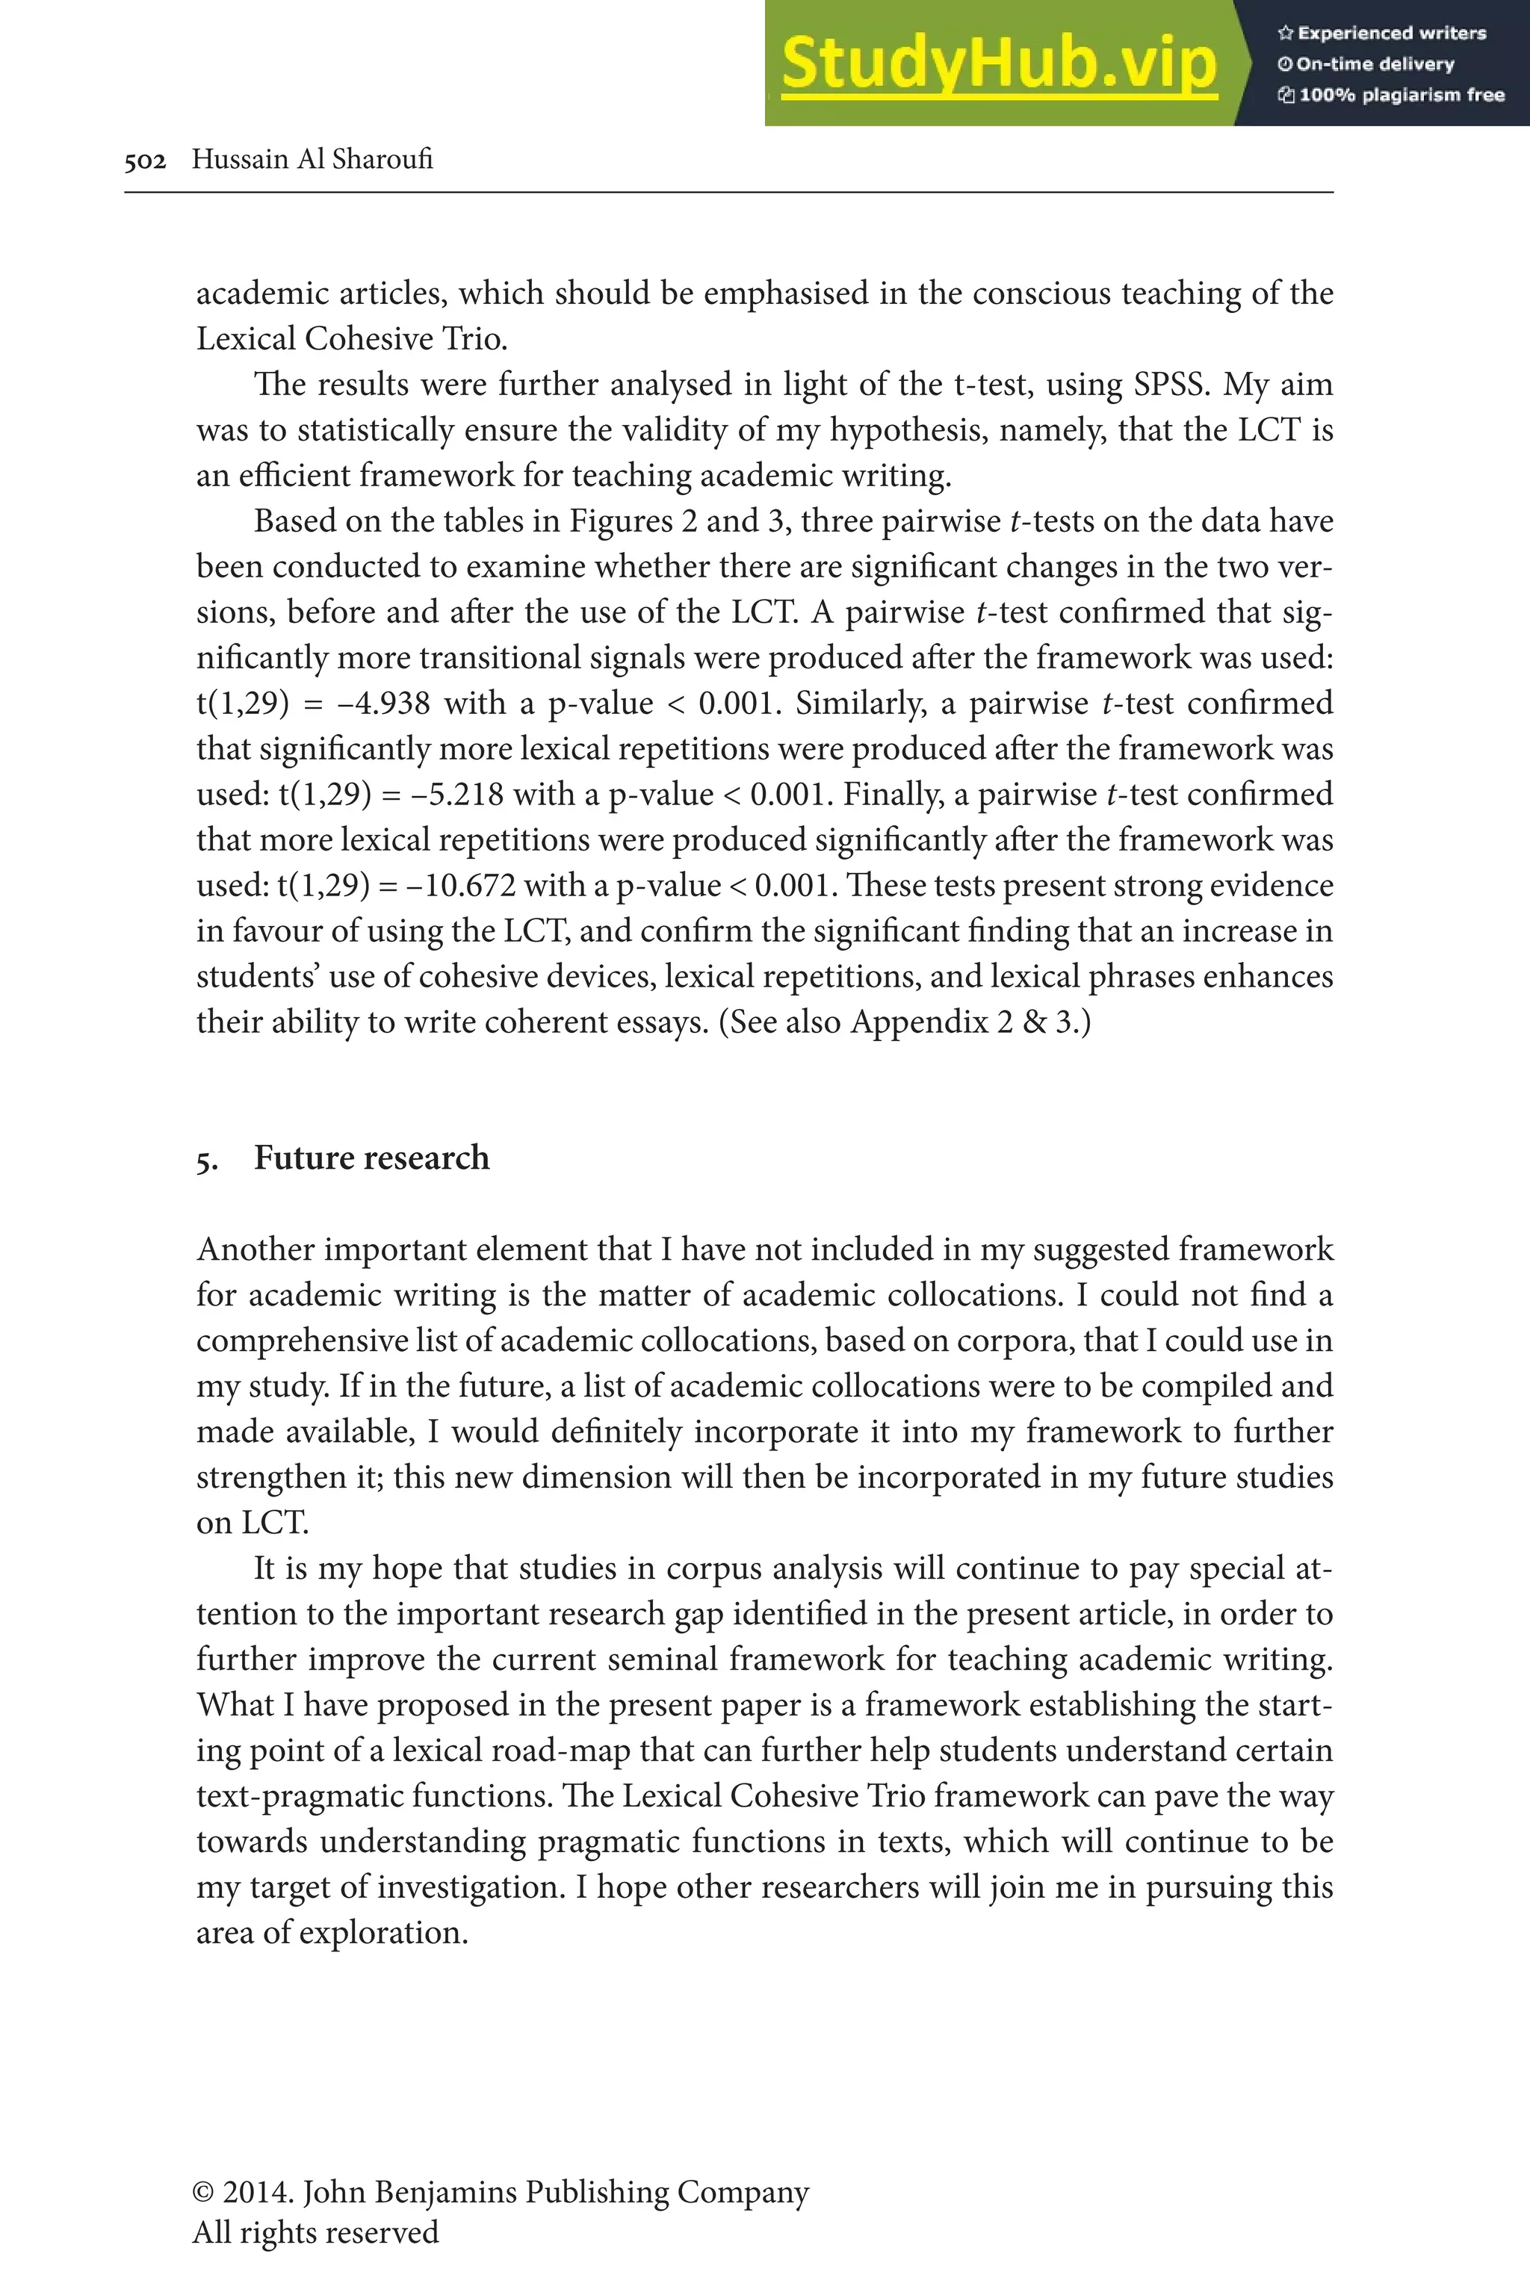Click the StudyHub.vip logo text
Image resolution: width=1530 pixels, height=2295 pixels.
point(998,63)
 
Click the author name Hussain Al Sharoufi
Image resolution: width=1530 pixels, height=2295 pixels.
point(312,159)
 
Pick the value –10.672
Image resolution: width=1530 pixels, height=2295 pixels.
point(459,886)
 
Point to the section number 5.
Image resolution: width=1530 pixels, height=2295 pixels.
point(206,1161)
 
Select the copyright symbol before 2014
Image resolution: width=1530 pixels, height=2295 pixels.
point(203,2192)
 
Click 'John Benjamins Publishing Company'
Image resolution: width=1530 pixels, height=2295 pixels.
point(555,2192)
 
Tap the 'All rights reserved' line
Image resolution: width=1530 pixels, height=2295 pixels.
point(315,2232)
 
